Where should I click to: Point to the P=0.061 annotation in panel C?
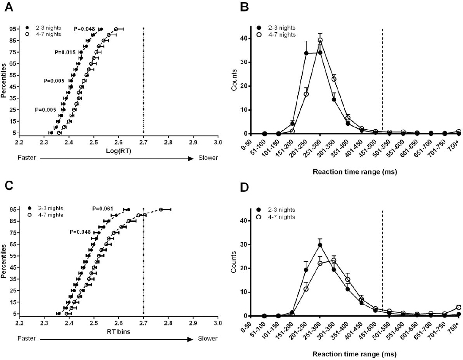pos(103,208)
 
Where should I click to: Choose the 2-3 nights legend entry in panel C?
pos(47,208)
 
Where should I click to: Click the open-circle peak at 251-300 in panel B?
pos(320,40)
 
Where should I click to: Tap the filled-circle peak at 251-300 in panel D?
pos(320,245)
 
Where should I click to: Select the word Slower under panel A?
pos(208,158)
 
